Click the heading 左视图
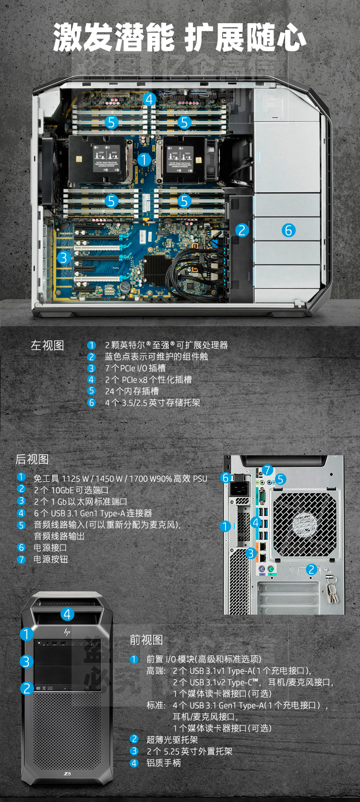click(47, 345)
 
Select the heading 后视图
click(32, 459)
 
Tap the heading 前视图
click(146, 640)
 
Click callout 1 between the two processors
click(144, 159)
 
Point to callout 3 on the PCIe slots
click(63, 258)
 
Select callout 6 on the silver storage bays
click(288, 230)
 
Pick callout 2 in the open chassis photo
click(241, 230)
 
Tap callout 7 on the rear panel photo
click(267, 470)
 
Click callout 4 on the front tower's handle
click(67, 614)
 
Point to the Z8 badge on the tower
click(67, 773)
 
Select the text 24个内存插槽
click(132, 391)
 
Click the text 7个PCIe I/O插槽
click(135, 368)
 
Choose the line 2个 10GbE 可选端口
click(71, 490)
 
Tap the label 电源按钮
click(50, 559)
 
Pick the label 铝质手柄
click(163, 763)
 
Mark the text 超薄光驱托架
click(172, 740)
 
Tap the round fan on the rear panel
click(304, 523)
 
